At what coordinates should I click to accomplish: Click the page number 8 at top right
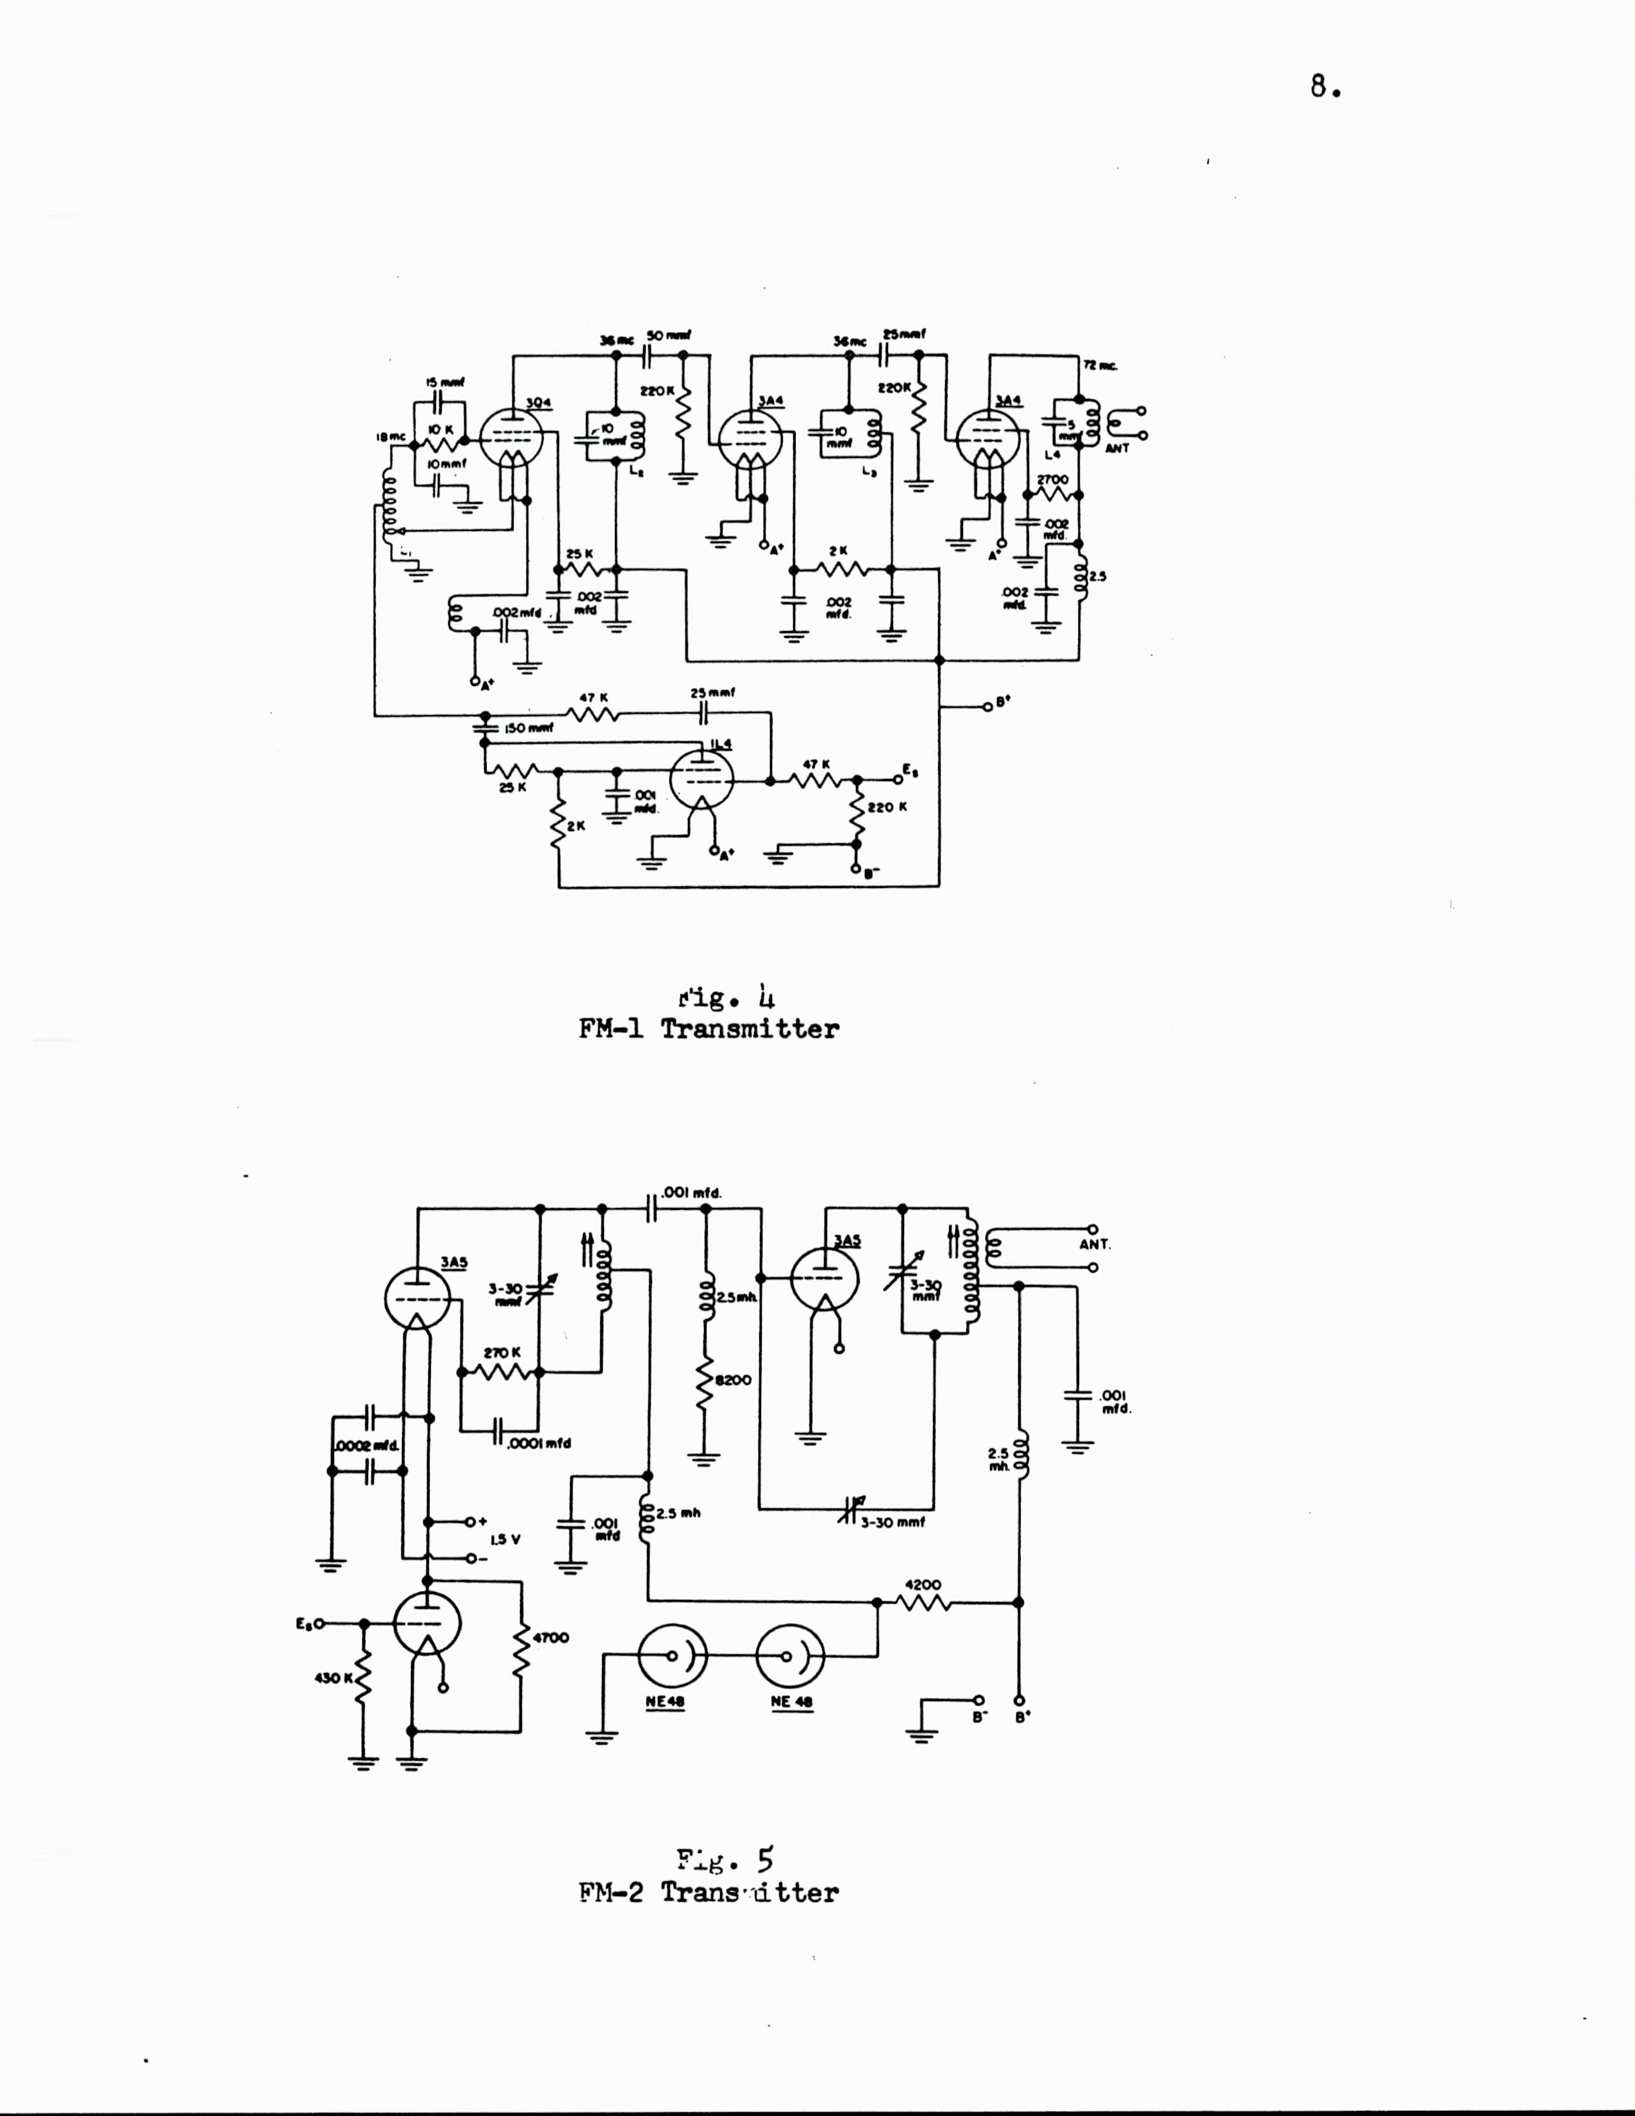tap(1323, 87)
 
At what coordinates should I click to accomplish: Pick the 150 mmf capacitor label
tap(529, 728)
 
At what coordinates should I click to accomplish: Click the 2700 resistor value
tap(1052, 480)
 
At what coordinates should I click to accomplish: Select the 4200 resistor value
tap(922, 1585)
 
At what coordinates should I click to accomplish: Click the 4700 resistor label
tap(550, 1638)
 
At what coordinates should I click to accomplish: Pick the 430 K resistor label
tap(334, 1677)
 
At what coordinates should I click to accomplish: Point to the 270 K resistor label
tap(502, 1352)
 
